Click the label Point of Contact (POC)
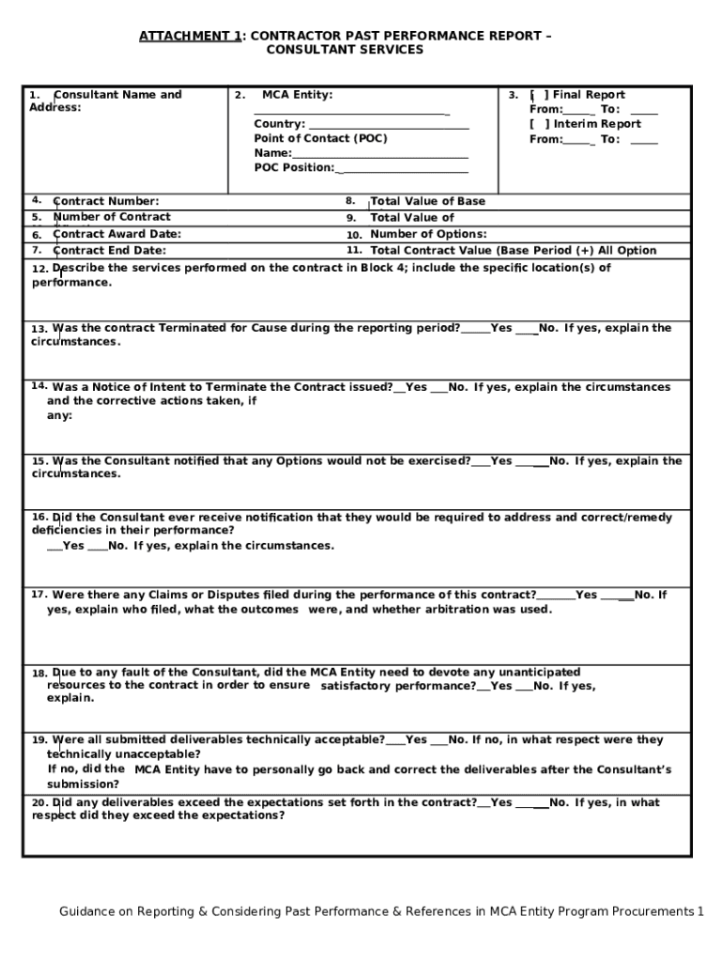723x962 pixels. point(320,138)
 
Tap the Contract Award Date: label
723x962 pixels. point(117,234)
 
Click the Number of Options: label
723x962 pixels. point(428,234)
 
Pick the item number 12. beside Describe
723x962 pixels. point(39,270)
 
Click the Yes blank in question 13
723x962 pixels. point(475,329)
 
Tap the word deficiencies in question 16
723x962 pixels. point(63,531)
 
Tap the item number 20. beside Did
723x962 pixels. point(39,804)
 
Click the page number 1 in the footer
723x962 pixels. point(700,911)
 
